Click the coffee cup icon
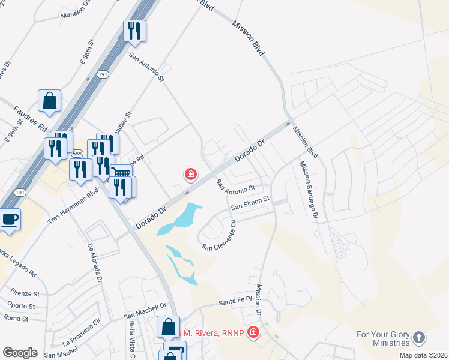[9, 219]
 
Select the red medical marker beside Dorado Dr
[191, 175]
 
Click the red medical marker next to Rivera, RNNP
[253, 332]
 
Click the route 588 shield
[77, 154]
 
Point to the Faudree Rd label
[30, 118]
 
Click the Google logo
[20, 353]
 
